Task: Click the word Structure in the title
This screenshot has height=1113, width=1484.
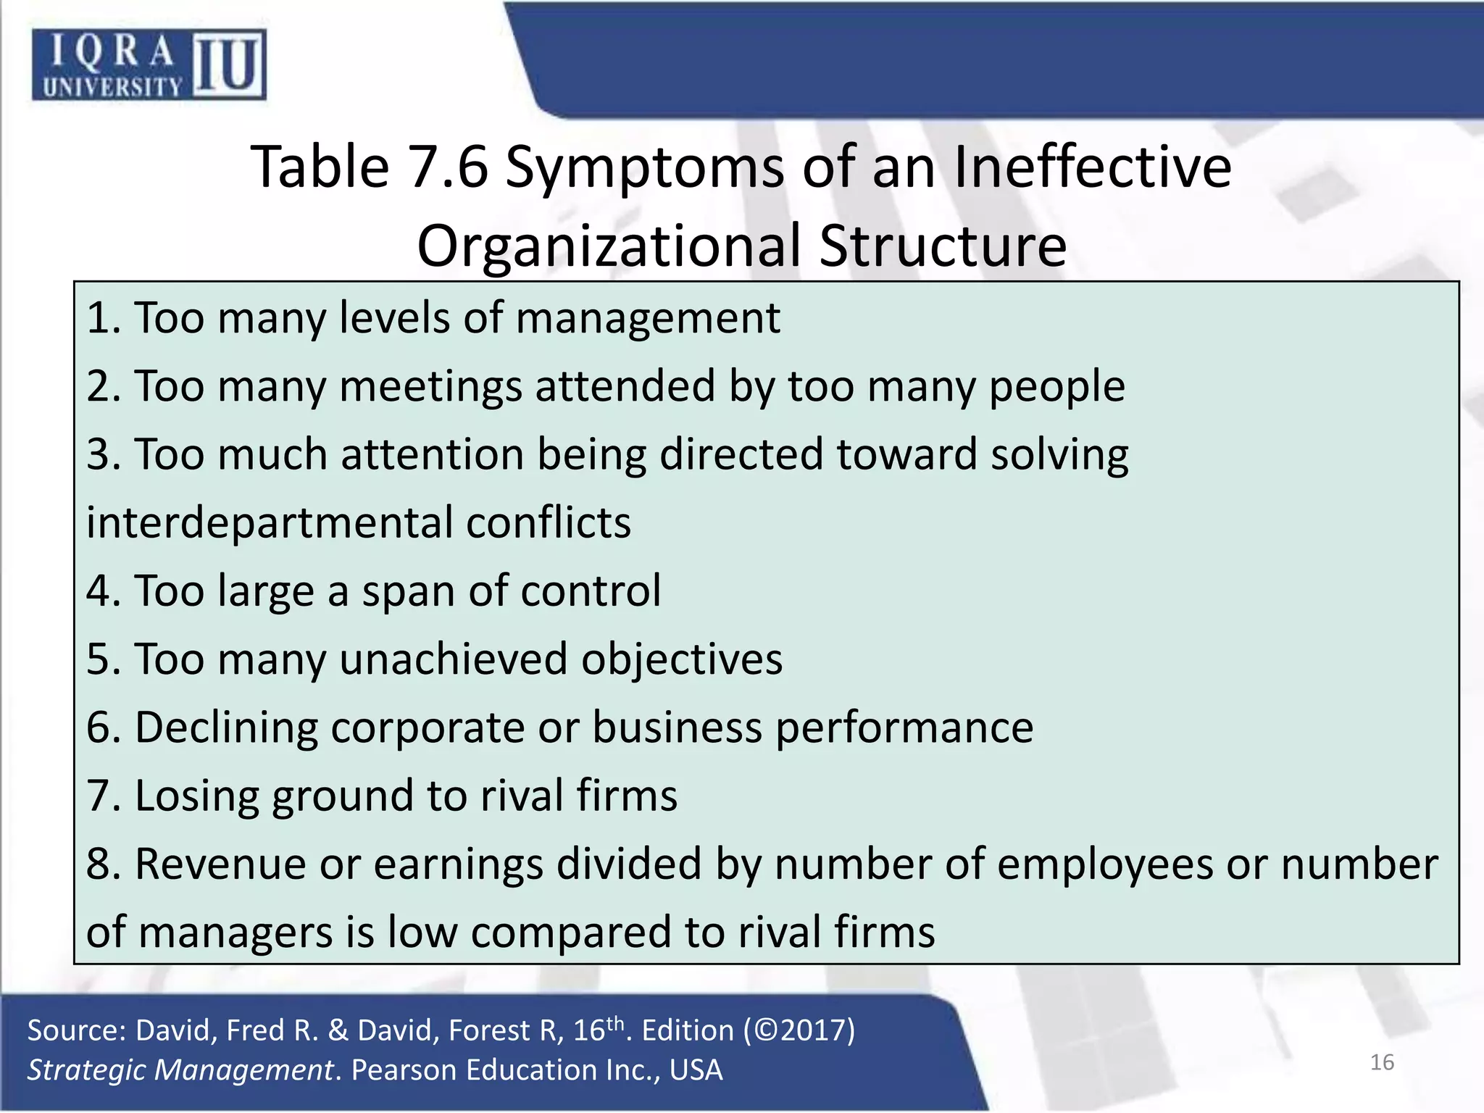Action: coord(943,246)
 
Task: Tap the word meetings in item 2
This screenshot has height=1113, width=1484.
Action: coord(430,386)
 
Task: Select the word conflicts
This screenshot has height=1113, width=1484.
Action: coord(549,522)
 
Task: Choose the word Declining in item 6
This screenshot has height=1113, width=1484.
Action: coord(226,728)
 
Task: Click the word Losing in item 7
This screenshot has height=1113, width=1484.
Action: coord(196,796)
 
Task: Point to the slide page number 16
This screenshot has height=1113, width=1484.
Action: coord(1382,1062)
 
